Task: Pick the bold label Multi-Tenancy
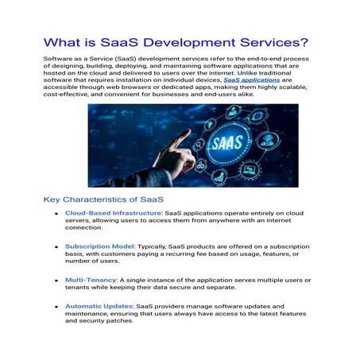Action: (91, 281)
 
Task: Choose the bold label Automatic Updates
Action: (99, 306)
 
